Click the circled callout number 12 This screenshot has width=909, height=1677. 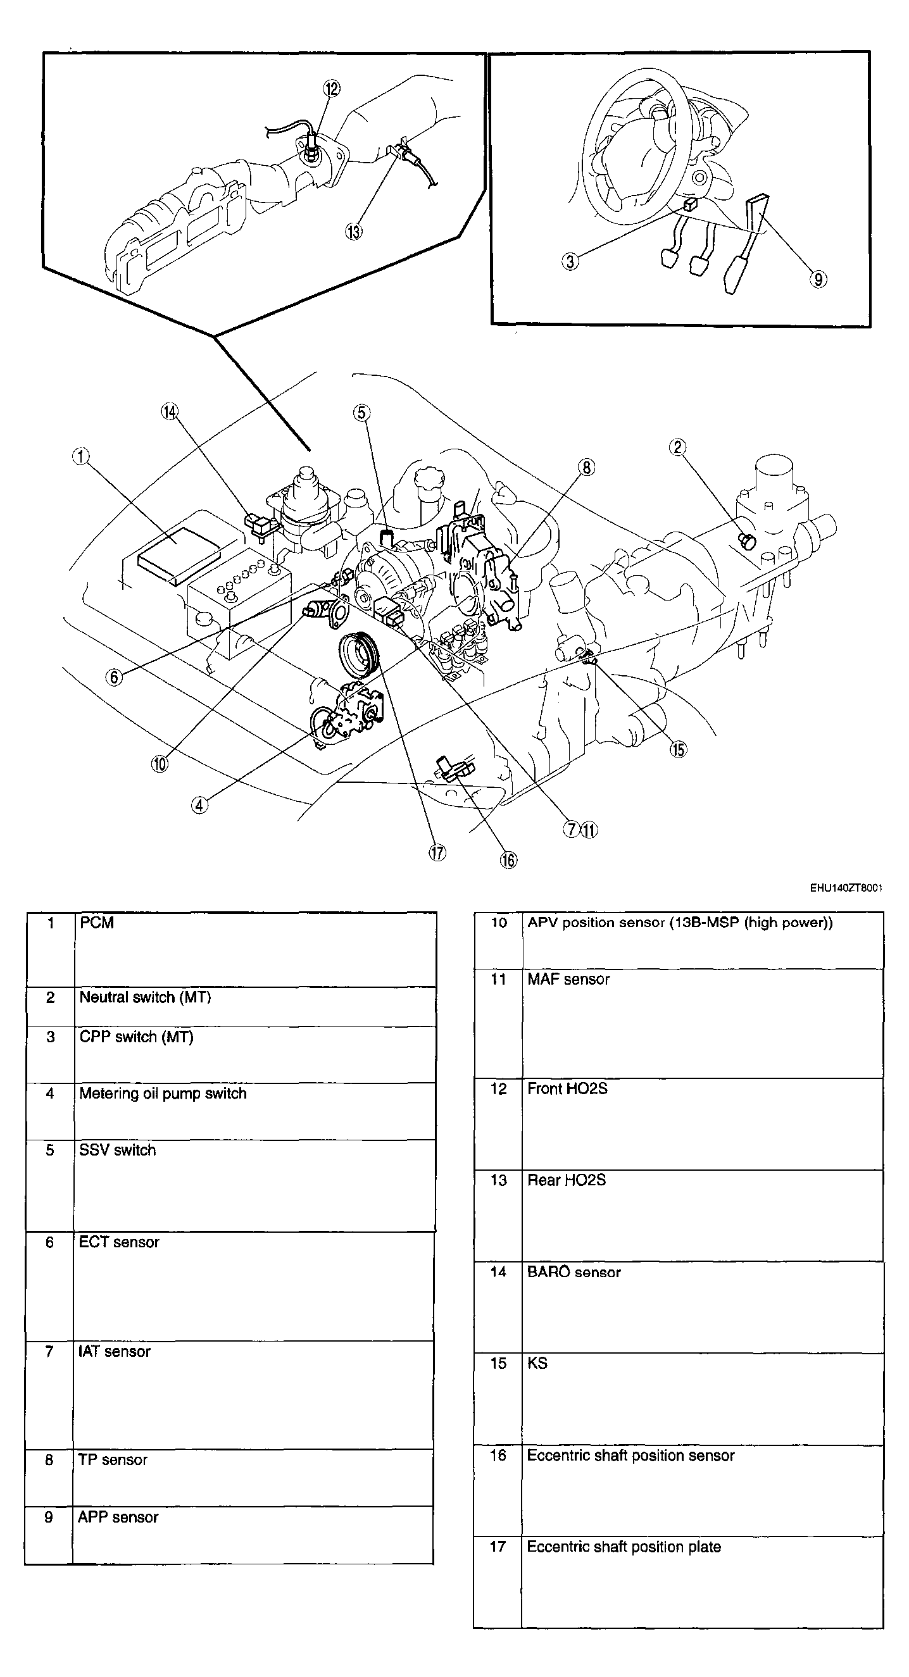[332, 89]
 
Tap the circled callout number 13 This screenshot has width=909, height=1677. [354, 231]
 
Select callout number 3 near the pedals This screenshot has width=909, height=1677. [570, 262]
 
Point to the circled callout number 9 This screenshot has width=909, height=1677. [818, 279]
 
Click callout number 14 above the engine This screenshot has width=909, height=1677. [169, 412]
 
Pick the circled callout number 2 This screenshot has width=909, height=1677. [678, 447]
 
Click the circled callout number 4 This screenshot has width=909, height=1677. [199, 806]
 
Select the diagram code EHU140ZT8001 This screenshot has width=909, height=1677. [846, 888]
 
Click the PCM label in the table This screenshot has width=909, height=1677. [96, 923]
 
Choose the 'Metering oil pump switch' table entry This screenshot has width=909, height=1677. [163, 1093]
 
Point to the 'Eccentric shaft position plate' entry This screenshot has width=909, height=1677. [624, 1546]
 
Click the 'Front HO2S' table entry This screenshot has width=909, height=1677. [567, 1088]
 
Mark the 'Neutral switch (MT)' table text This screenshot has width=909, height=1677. [145, 997]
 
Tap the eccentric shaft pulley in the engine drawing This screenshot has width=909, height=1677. [359, 657]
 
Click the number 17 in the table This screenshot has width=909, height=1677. [498, 1546]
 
